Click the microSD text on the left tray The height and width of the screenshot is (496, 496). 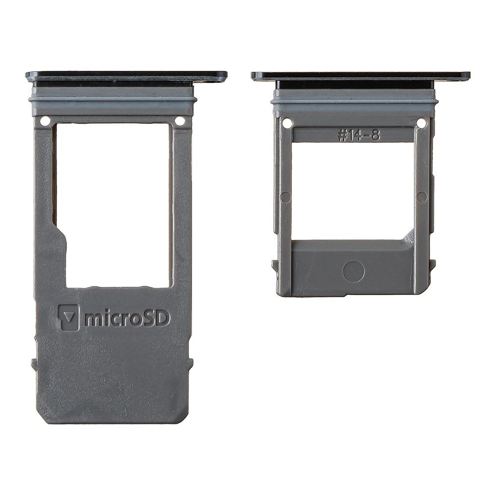(x=127, y=318)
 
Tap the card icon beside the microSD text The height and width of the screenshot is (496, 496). (x=68, y=317)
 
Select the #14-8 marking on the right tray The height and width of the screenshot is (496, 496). (x=359, y=136)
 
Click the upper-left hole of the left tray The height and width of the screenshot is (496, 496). (x=45, y=121)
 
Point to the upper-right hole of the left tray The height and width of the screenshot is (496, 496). (x=180, y=121)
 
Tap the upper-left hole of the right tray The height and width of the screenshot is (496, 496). (x=287, y=123)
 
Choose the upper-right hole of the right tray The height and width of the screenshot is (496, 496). (x=421, y=123)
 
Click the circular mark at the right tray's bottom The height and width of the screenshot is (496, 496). (x=354, y=272)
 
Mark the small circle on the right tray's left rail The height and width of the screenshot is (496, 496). (x=285, y=197)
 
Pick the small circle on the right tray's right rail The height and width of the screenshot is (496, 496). (x=422, y=197)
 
